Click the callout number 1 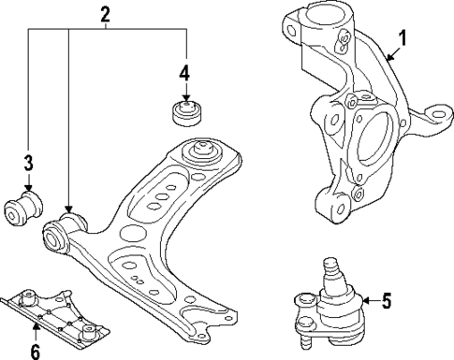(x=403, y=39)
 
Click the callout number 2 (x=106, y=13)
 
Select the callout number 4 (x=185, y=72)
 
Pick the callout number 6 (x=35, y=351)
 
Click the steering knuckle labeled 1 (x=356, y=122)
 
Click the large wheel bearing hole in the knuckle (x=374, y=136)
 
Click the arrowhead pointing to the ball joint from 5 (x=362, y=301)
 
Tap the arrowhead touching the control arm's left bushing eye (x=68, y=211)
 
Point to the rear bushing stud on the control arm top (x=198, y=150)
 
